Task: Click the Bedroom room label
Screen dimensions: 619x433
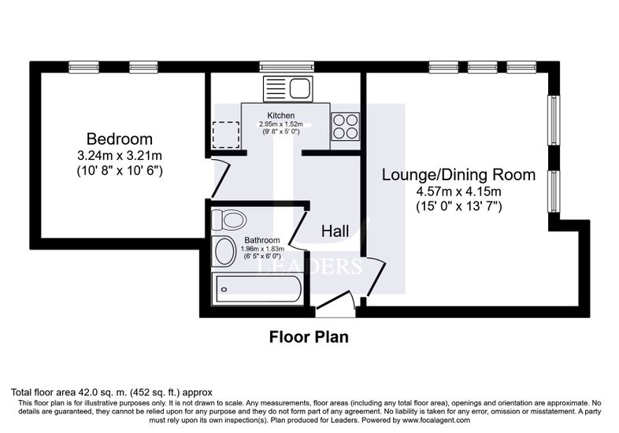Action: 119,139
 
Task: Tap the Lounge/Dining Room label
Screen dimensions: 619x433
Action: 458,175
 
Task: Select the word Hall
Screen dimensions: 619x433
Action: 335,231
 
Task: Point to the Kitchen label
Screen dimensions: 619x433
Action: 280,116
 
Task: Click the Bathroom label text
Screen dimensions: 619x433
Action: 262,240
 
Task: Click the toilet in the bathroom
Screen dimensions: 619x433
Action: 228,220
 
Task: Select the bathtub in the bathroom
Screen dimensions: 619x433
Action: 258,290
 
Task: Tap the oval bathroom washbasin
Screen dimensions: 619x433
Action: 224,251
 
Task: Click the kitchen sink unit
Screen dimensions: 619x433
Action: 287,89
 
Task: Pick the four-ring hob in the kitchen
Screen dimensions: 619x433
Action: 346,126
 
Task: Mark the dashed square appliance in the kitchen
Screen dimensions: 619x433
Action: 226,135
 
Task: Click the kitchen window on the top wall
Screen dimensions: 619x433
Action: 287,67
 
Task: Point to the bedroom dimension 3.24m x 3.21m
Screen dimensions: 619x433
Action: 120,156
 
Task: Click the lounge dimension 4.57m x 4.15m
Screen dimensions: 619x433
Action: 458,192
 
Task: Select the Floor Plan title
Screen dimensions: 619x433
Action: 309,337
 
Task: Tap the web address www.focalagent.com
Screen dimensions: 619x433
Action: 436,420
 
